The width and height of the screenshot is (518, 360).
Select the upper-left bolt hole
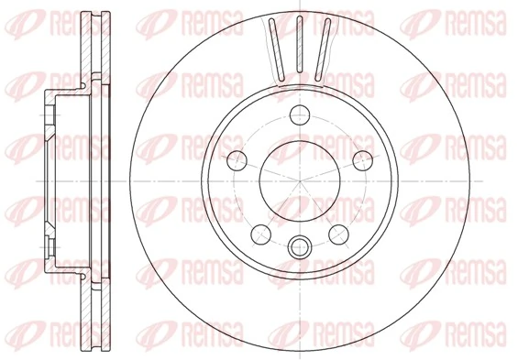coord(236,158)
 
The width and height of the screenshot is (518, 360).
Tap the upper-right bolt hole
coord(363,158)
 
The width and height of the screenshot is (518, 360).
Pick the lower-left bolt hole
coord(259,231)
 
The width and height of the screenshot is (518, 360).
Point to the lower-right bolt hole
coord(338,231)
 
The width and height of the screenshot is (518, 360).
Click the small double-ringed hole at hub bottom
coord(299,245)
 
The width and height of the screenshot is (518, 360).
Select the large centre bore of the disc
coord(299,179)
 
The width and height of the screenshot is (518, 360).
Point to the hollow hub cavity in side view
coord(69,179)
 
